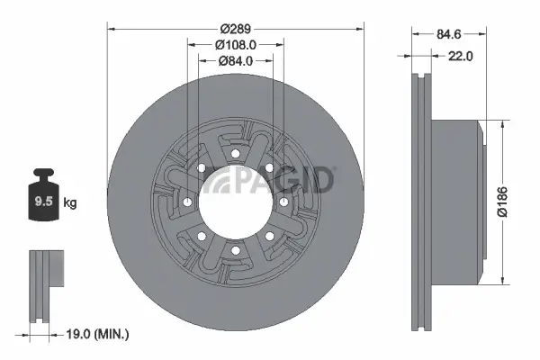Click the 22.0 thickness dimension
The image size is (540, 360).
(x=459, y=56)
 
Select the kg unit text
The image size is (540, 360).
(x=69, y=203)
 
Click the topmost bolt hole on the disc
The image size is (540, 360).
(x=234, y=155)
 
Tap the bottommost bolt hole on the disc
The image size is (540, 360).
(x=234, y=249)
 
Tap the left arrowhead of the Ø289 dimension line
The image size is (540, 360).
(x=112, y=27)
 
